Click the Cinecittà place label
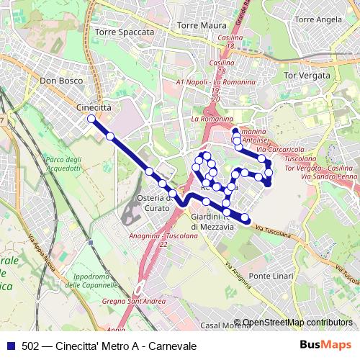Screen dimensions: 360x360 94,107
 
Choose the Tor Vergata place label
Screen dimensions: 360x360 307,75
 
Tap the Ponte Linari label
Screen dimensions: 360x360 270,276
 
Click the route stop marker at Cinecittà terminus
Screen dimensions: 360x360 91,119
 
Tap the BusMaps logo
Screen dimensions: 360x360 326,346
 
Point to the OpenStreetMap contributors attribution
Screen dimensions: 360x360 297,323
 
